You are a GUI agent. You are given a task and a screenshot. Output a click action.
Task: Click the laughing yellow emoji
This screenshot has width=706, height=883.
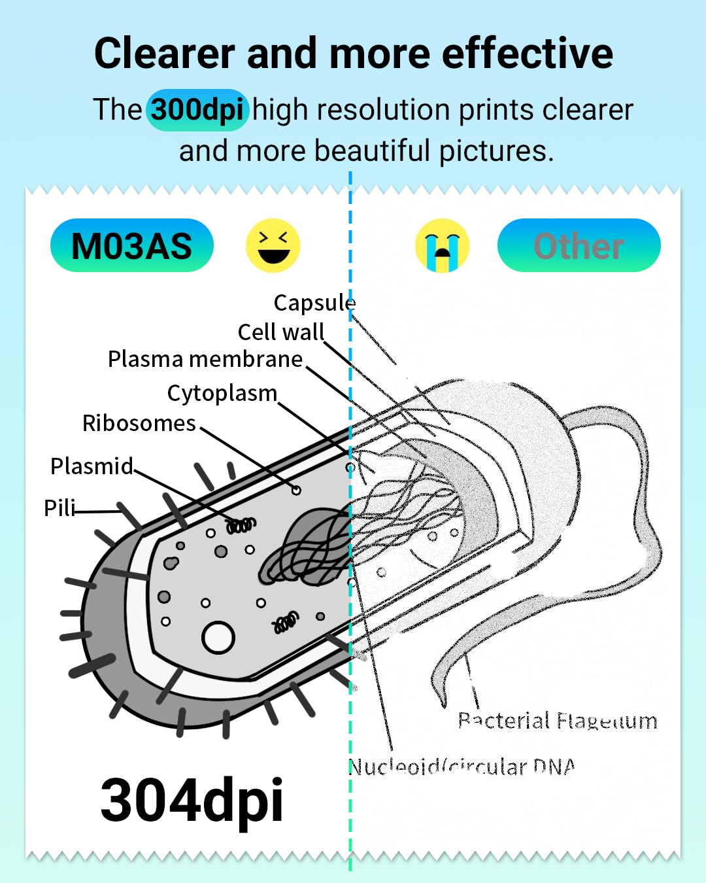[x=273, y=246]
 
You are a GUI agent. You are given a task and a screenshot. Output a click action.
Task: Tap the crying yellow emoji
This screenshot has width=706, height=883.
[x=442, y=246]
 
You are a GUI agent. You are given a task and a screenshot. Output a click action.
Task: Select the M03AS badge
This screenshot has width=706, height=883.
[x=132, y=246]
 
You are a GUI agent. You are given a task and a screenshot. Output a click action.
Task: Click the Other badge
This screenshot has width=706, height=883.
[x=579, y=246]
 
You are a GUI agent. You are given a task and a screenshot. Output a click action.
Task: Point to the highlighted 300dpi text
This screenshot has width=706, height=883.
[x=197, y=109]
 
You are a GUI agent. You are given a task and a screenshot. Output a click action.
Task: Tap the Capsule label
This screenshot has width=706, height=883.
[x=314, y=303]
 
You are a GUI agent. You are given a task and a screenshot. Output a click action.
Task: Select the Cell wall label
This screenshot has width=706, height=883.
[x=281, y=332]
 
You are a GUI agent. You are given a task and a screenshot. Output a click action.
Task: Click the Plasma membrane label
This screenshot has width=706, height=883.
[x=205, y=359]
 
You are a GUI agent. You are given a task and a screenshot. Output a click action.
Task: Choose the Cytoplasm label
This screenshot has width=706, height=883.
[x=222, y=393]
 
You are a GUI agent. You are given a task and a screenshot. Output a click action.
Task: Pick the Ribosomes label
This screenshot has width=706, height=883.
[x=139, y=423]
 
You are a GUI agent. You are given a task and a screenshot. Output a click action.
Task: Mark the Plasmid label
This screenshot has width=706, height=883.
[x=92, y=466]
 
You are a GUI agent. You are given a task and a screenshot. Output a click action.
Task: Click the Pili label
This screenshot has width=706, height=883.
[x=59, y=508]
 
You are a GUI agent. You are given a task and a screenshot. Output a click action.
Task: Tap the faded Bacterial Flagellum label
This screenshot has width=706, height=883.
[x=557, y=721]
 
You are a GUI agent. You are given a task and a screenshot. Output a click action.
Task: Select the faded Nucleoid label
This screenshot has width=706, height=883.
[x=462, y=766]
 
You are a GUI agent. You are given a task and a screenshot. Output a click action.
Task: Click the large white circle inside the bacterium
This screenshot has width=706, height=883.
[x=218, y=638]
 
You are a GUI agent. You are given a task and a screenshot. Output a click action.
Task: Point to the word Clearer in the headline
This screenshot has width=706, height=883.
[x=165, y=53]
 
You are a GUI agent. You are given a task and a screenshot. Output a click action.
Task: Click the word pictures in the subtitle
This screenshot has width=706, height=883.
[x=497, y=150]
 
